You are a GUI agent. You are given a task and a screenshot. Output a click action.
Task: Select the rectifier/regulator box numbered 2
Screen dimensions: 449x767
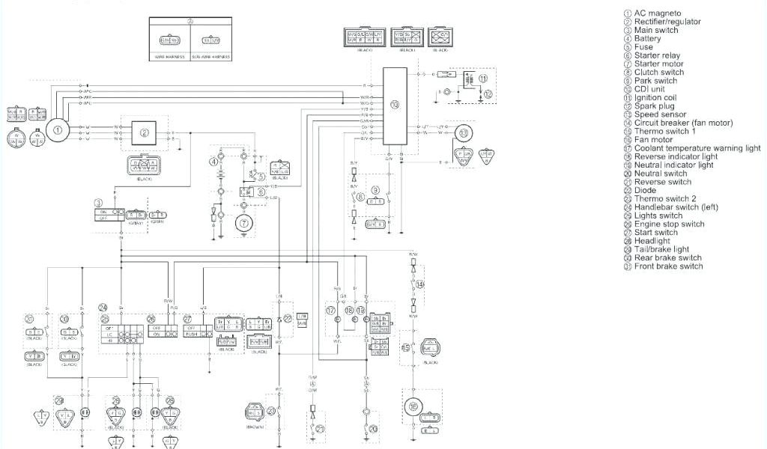point(145,132)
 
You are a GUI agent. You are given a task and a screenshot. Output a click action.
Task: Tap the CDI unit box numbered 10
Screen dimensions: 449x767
point(395,106)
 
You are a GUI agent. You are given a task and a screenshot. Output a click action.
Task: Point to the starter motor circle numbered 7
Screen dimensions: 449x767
point(243,222)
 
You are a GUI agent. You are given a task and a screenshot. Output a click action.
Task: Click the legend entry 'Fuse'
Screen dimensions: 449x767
point(643,46)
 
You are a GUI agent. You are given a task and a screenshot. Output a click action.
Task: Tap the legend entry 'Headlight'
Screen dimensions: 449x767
point(652,241)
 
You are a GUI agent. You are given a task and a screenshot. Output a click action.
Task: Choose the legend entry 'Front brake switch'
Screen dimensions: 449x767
point(668,266)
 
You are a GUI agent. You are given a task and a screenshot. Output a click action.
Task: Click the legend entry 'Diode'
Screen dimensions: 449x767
point(645,190)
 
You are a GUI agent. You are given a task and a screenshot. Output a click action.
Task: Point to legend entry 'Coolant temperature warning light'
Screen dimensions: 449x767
point(697,148)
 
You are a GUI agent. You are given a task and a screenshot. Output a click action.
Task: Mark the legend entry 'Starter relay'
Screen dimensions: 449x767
point(657,55)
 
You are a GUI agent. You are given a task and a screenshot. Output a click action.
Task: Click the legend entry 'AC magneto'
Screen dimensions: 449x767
point(658,13)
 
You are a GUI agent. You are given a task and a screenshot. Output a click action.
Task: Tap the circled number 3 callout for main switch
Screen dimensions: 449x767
point(98,203)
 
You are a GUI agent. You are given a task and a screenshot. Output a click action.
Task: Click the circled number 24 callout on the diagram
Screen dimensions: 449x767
point(103,307)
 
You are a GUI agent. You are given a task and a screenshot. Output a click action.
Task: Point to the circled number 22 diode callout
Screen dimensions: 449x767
point(288,318)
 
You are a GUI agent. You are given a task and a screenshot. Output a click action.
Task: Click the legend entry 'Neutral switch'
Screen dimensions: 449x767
point(660,174)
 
